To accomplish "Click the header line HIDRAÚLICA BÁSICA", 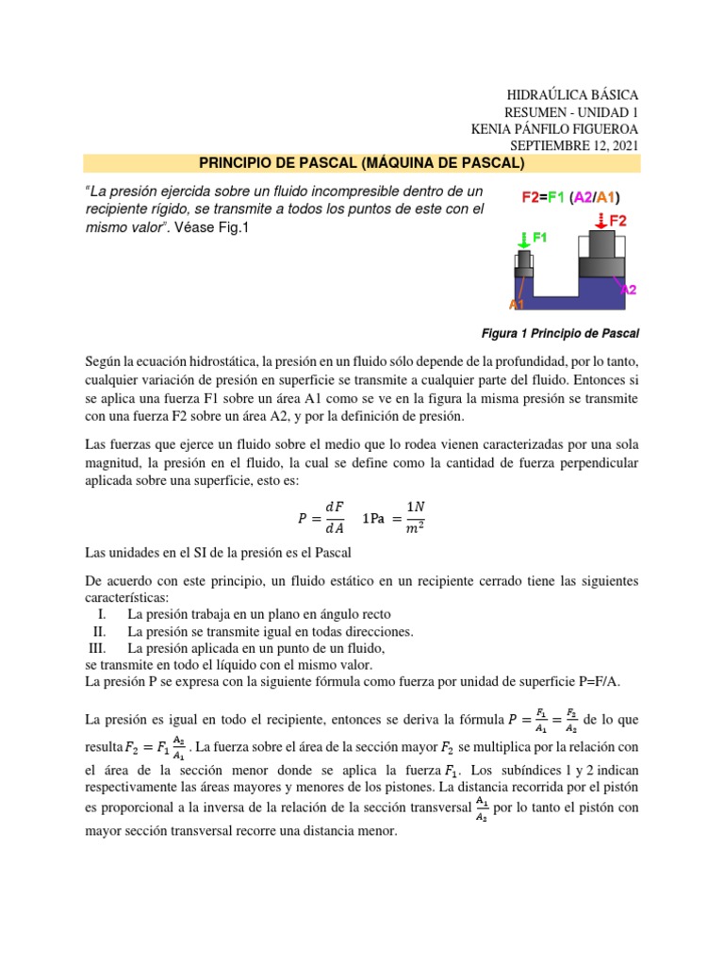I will tap(572, 95).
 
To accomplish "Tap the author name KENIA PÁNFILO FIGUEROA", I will tap(554, 129).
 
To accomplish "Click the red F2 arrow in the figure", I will tap(600, 221).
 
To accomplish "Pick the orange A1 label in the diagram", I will tap(517, 304).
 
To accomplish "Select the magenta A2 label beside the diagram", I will tap(630, 291).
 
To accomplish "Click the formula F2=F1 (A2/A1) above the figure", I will tap(572, 198).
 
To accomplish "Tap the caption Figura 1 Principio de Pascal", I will tap(560, 334).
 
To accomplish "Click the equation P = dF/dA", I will tap(321, 517).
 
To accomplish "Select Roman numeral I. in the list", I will tap(102, 615).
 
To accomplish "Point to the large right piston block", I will tap(601, 247).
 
